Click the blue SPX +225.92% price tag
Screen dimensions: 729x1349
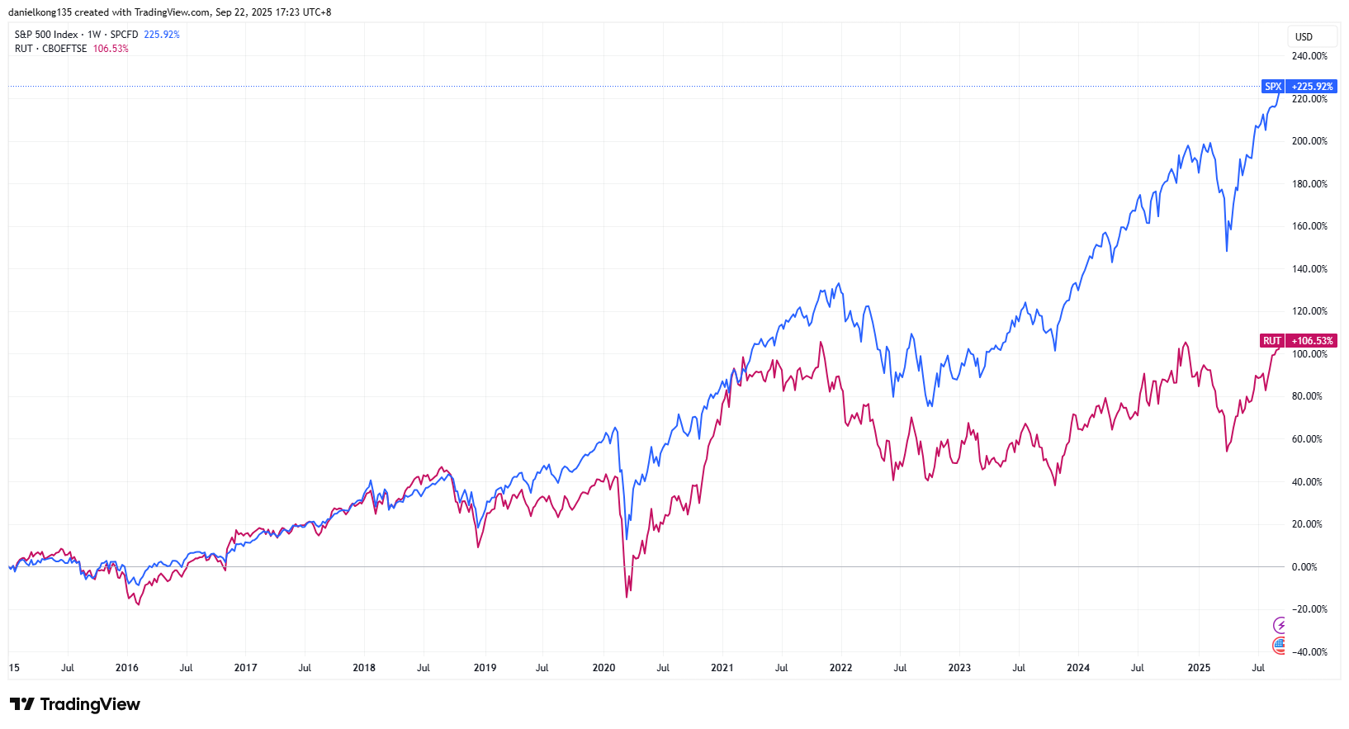pos(1299,87)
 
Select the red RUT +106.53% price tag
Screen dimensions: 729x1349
pos(1299,341)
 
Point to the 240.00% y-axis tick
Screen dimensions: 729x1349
pos(1309,56)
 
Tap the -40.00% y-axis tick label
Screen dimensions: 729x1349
pos(1309,652)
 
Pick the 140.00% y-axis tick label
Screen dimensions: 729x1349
pos(1309,269)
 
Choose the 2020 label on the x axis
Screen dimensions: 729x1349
pos(603,668)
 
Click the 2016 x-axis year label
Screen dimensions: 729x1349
pos(127,668)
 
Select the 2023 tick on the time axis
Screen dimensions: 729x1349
pos(959,668)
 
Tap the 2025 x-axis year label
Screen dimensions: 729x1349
pos(1199,668)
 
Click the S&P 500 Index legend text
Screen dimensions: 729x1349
pos(46,35)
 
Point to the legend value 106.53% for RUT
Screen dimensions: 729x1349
pos(111,49)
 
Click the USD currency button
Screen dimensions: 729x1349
pos(1304,37)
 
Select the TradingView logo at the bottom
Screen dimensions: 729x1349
pos(75,704)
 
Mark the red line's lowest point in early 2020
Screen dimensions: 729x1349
pos(627,597)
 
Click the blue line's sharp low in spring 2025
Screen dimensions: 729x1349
pos(1227,251)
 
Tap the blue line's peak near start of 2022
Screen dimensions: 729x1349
pos(840,284)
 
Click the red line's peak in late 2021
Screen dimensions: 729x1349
pos(821,342)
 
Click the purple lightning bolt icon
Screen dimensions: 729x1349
pos(1280,625)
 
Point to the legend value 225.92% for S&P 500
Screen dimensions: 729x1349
pos(162,35)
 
